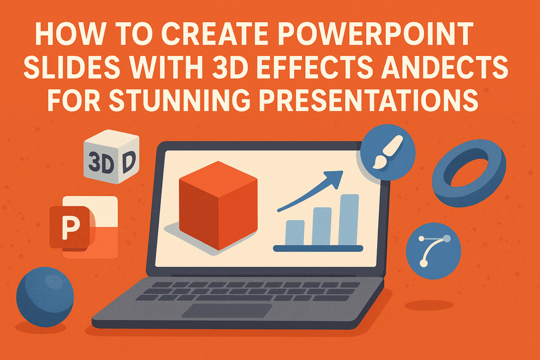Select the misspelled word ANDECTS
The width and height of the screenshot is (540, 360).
[x=448, y=69]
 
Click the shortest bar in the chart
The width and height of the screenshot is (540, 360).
[x=295, y=232]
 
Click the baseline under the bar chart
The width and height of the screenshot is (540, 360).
[x=318, y=248]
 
